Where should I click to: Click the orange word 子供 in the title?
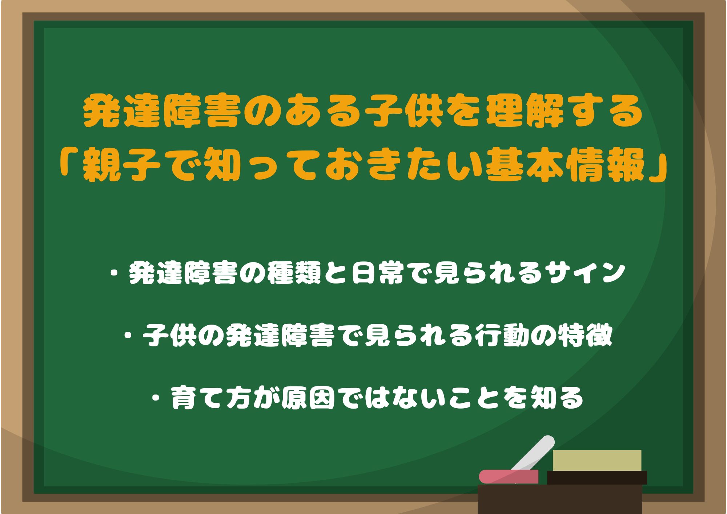[x=404, y=111]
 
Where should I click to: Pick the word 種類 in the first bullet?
[x=294, y=273]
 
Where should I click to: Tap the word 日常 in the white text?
[x=378, y=273]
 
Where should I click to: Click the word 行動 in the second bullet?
[x=502, y=335]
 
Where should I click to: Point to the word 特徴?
[x=585, y=335]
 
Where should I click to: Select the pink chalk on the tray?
[x=509, y=477]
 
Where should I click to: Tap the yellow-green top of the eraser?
[x=597, y=460]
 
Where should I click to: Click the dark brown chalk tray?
[x=560, y=499]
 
